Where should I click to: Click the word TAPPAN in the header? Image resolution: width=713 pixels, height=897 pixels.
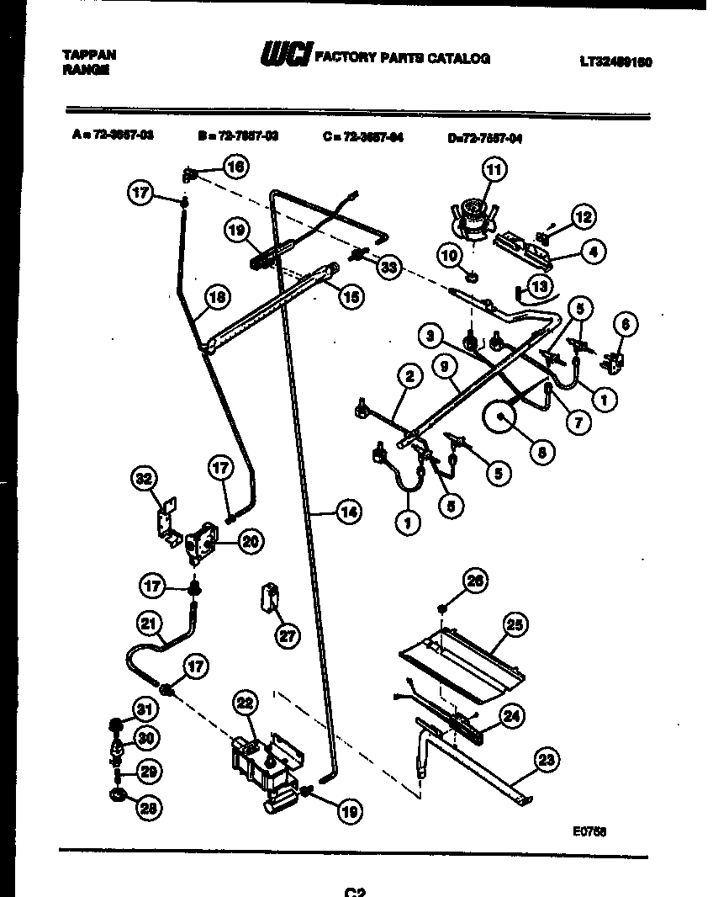[x=90, y=54]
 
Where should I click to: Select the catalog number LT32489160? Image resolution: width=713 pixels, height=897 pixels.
[x=615, y=61]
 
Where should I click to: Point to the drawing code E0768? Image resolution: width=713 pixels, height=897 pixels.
[x=589, y=830]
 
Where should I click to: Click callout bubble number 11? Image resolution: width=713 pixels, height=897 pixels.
[x=494, y=170]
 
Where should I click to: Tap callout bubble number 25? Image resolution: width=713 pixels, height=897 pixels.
[x=515, y=624]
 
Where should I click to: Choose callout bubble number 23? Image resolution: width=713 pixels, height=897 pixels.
[x=547, y=761]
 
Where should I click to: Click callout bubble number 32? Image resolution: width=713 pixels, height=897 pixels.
[x=144, y=480]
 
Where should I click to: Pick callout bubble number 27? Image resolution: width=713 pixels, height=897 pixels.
[x=287, y=636]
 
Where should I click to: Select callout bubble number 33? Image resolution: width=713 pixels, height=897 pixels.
[x=388, y=268]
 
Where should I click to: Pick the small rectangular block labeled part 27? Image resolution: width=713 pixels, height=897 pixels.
[x=269, y=598]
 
